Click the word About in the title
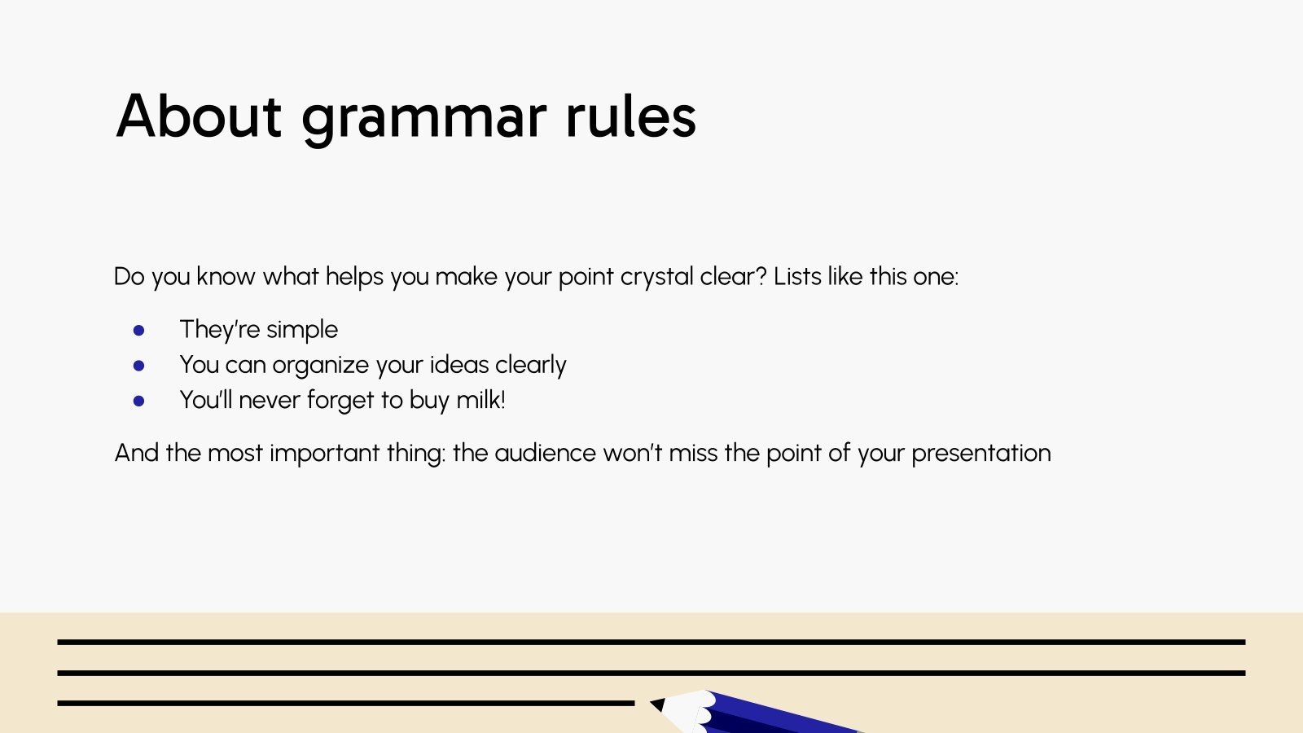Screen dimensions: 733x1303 pyautogui.click(x=199, y=116)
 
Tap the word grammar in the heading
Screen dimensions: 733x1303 pyautogui.click(x=423, y=119)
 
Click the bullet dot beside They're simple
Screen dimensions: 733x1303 pyautogui.click(x=139, y=330)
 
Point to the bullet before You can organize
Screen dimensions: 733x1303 pyautogui.click(x=139, y=366)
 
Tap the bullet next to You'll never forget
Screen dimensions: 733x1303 pyautogui.click(x=139, y=401)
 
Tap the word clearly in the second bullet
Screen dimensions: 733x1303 pyautogui.click(x=530, y=366)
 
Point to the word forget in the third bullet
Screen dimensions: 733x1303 pyautogui.click(x=340, y=401)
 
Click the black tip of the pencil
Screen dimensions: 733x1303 pyautogui.click(x=657, y=704)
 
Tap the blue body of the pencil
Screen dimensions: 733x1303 pyautogui.click(x=782, y=715)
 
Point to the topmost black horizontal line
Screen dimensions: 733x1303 pyautogui.click(x=651, y=642)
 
